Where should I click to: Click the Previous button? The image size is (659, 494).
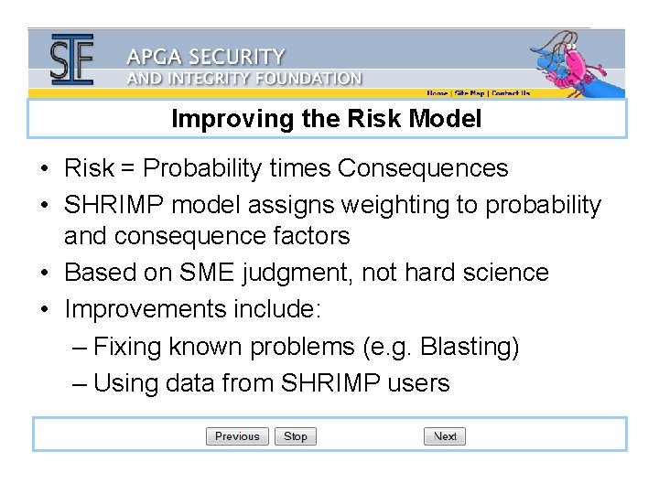point(237,436)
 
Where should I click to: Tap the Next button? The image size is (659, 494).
point(445,436)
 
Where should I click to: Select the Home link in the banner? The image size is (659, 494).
point(438,93)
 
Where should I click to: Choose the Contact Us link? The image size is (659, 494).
point(511,93)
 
